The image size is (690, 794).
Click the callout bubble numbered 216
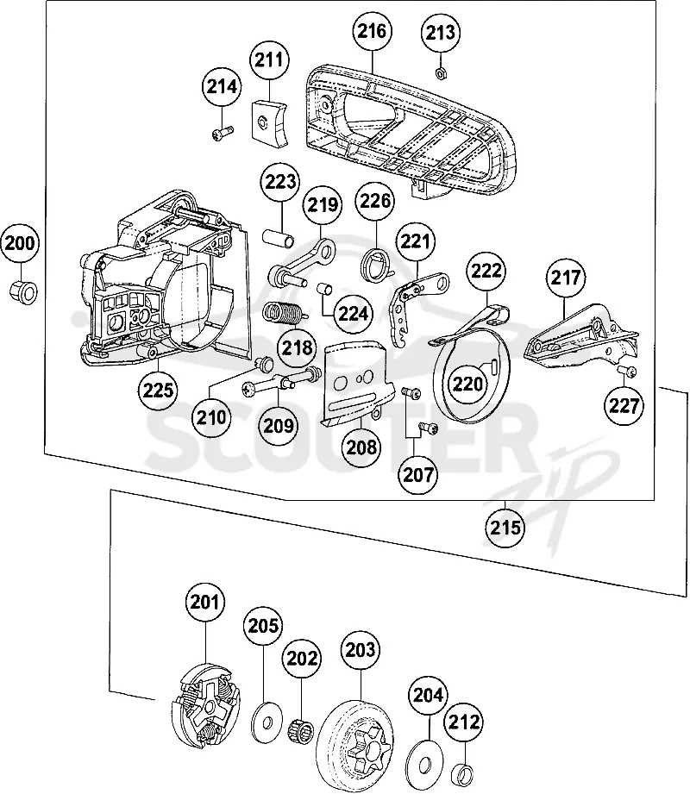[x=372, y=31]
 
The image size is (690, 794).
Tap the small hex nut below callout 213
[x=441, y=73]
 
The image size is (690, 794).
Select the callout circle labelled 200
[x=20, y=243]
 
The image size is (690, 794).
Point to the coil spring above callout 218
[x=285, y=312]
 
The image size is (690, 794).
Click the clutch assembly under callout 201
[x=205, y=705]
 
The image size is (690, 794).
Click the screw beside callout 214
[x=222, y=133]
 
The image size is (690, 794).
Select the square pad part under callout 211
[x=269, y=122]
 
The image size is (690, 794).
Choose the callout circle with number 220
[x=467, y=384]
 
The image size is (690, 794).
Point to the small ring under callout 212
[x=463, y=772]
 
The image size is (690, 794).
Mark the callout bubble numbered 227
[x=624, y=405]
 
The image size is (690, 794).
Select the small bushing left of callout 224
[x=324, y=290]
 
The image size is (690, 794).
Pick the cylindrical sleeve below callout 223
[x=278, y=238]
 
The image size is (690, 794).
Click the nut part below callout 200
[x=23, y=291]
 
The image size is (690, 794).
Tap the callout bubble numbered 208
[x=361, y=447]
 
